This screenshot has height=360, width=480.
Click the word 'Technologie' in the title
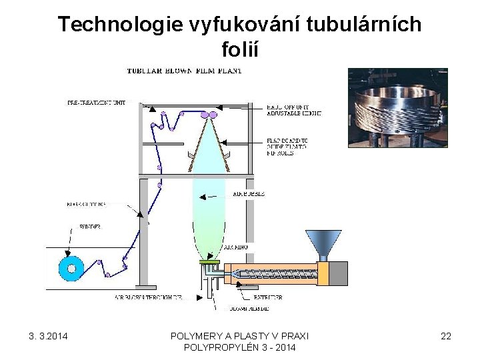click(111, 25)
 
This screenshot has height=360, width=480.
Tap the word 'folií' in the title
click(239, 49)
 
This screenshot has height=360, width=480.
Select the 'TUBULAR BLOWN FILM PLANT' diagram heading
click(185, 70)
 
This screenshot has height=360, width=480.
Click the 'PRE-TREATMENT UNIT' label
click(96, 103)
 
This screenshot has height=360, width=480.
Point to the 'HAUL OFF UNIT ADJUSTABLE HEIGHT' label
click(293, 110)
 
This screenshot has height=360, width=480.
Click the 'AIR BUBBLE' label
click(249, 193)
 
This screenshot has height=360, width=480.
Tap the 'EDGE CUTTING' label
click(87, 203)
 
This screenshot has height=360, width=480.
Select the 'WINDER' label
click(90, 227)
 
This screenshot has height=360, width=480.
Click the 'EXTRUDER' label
click(267, 297)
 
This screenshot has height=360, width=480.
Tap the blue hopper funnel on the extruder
click(323, 244)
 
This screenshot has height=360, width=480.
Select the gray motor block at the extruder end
click(338, 273)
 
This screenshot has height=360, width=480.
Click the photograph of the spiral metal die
click(397, 107)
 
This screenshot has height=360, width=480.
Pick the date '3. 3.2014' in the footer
click(52, 336)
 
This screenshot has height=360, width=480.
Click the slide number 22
click(445, 336)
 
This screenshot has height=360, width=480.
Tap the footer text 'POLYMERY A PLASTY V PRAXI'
click(239, 336)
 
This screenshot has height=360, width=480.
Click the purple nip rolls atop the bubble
click(209, 115)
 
